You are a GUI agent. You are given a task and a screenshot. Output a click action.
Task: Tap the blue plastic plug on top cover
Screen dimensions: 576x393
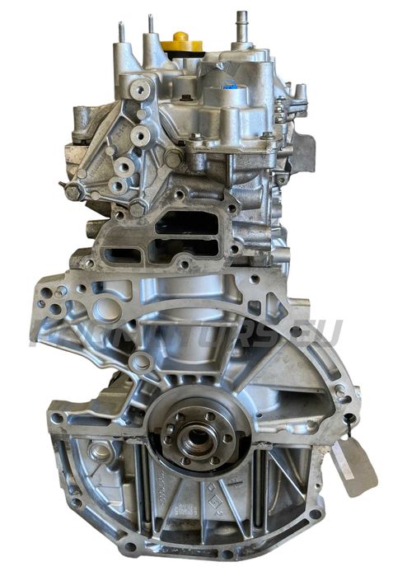[228, 84]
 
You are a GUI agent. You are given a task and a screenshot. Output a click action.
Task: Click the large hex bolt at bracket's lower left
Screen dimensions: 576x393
[74, 191]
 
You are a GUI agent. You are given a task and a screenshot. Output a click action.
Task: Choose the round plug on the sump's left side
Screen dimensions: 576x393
[99, 451]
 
